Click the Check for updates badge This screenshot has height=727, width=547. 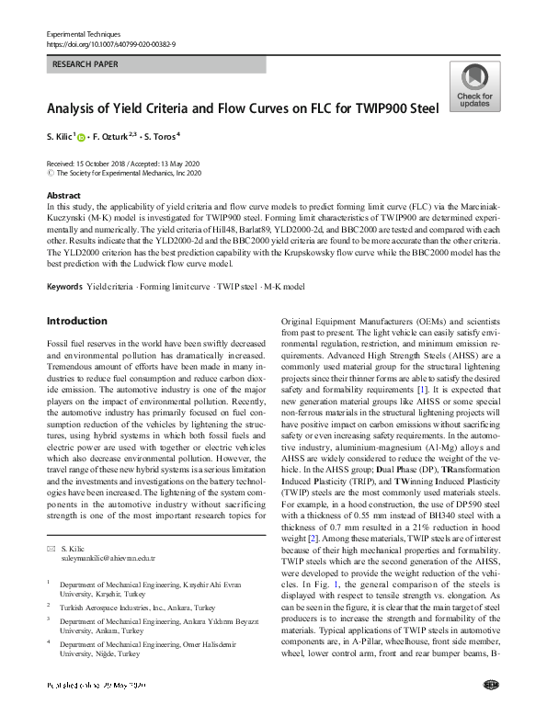474,86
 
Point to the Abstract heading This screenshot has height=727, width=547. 63,197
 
